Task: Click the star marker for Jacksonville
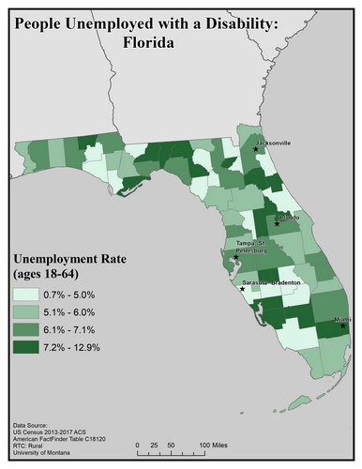coord(256,148)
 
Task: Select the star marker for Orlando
coord(277,223)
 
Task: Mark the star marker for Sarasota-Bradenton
coord(243,288)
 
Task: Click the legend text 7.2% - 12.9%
coord(74,348)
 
